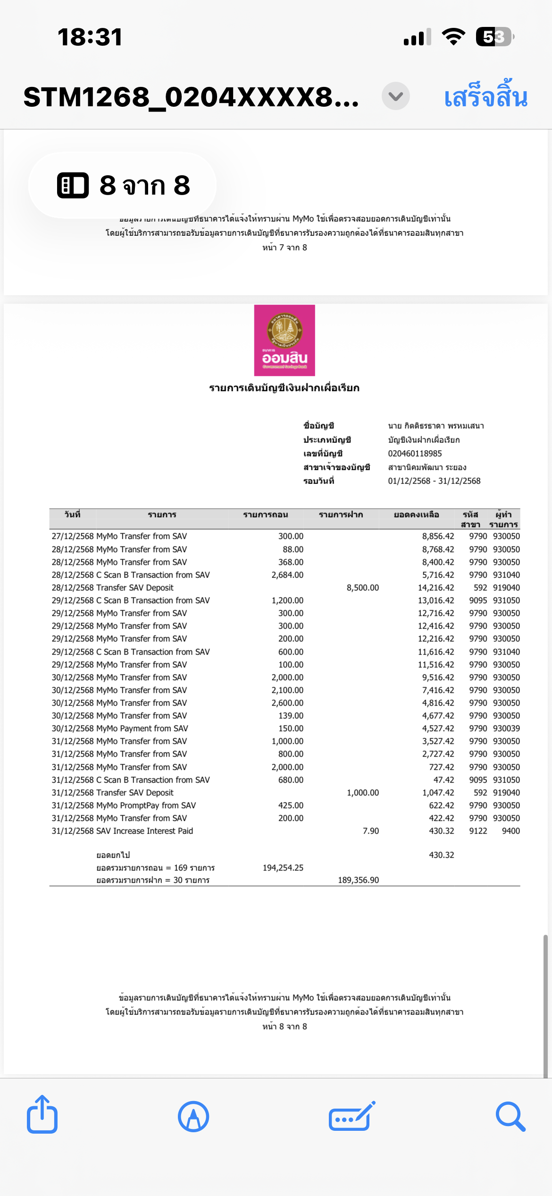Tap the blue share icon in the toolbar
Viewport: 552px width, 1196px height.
(x=42, y=1115)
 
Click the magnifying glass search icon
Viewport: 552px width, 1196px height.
(x=510, y=1117)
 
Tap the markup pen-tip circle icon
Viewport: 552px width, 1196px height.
(x=193, y=1117)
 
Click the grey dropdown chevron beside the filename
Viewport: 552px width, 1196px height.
(x=395, y=96)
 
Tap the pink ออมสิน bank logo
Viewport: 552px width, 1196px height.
(x=284, y=340)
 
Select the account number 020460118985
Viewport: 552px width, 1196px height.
(x=415, y=453)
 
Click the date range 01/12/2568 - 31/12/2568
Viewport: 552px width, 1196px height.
(x=434, y=481)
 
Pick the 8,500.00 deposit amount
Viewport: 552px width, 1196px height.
(x=362, y=588)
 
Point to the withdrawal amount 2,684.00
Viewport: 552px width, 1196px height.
(x=287, y=575)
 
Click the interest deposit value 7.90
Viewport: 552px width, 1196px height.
(x=370, y=831)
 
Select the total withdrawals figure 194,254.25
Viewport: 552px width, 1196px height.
(x=283, y=868)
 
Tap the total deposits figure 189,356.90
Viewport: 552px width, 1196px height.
(x=358, y=880)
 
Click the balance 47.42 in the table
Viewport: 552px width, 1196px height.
(x=443, y=780)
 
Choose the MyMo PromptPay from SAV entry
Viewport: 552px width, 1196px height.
(x=146, y=805)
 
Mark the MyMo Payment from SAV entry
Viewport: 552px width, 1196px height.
(x=142, y=728)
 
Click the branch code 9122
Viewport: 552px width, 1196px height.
(x=477, y=831)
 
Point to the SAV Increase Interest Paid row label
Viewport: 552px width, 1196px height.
(x=144, y=831)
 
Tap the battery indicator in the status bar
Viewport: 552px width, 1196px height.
(x=494, y=37)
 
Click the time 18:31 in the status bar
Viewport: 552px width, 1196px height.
(x=90, y=37)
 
